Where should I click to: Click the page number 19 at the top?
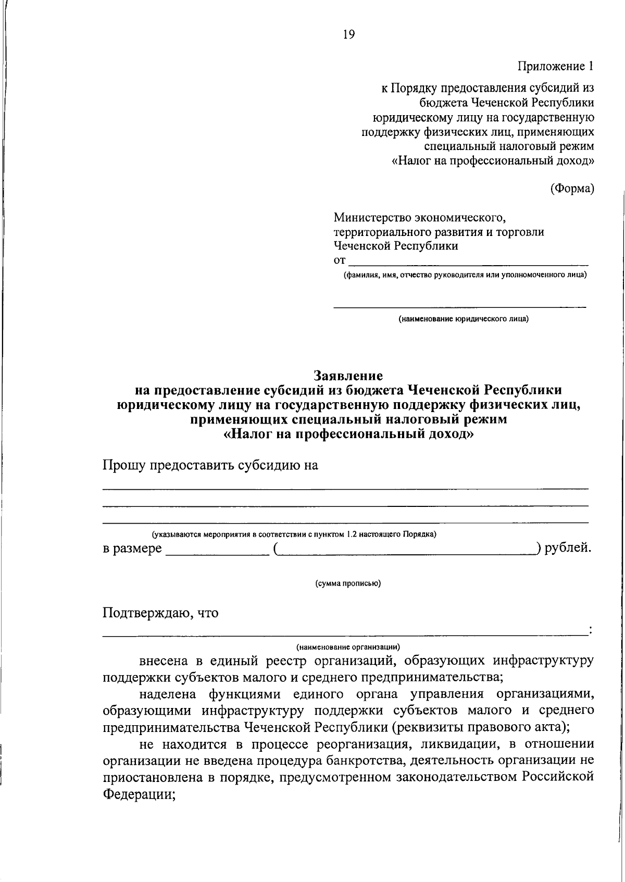coord(349,35)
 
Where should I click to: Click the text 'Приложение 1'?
coord(555,66)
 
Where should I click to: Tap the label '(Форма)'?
coord(572,189)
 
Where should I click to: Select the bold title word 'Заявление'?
coord(348,375)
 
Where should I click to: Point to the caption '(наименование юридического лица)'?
coord(464,319)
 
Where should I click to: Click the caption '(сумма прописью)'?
coord(348,583)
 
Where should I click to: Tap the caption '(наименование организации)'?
coord(348,647)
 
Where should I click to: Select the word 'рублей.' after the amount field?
coord(568,548)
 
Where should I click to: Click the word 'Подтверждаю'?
coord(146,613)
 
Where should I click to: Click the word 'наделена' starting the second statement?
coord(168,694)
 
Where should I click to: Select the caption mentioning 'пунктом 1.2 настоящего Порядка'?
coord(294,534)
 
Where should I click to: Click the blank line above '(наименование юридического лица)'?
coord(459,306)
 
